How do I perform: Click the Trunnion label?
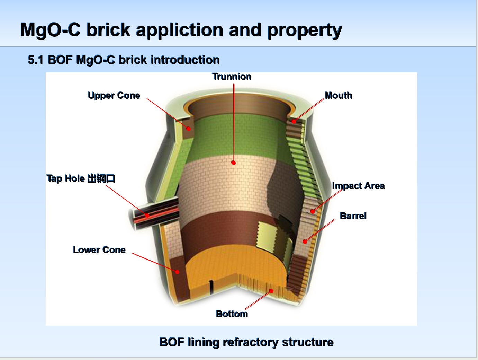pyautogui.click(x=232, y=77)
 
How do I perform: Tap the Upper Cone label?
pyautogui.click(x=114, y=95)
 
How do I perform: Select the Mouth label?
pyautogui.click(x=339, y=95)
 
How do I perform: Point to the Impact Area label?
pyautogui.click(x=359, y=186)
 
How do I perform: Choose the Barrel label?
pyautogui.click(x=353, y=216)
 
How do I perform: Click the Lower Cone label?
pyautogui.click(x=99, y=250)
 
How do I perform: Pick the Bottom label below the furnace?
pyautogui.click(x=232, y=314)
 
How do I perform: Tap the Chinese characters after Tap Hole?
pyautogui.click(x=101, y=178)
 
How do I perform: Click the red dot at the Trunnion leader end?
pyautogui.click(x=233, y=163)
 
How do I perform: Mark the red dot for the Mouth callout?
pyautogui.click(x=294, y=122)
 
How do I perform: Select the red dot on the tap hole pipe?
pyautogui.click(x=147, y=216)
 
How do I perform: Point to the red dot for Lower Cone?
pyautogui.click(x=177, y=272)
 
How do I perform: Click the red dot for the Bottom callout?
pyautogui.click(x=271, y=291)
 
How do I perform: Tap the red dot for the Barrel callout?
pyautogui.click(x=305, y=242)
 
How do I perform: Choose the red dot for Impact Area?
pyautogui.click(x=313, y=211)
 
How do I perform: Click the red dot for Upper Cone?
pyautogui.click(x=189, y=129)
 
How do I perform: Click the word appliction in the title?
pyautogui.click(x=179, y=30)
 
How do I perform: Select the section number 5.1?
pyautogui.click(x=36, y=60)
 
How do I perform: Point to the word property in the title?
pyautogui.click(x=305, y=30)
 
